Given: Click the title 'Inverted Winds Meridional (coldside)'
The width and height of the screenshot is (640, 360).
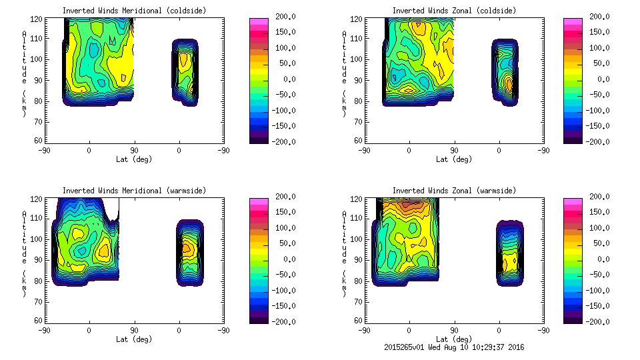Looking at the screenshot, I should tap(134, 11).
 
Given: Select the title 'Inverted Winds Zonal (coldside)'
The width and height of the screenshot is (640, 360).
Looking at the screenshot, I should tap(454, 11).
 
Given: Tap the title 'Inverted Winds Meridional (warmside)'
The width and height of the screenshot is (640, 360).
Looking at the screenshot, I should tap(134, 191).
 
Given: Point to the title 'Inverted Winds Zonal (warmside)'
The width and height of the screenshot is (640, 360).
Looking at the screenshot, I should tap(454, 191).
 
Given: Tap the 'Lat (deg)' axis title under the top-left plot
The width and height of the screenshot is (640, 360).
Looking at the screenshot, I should tap(134, 159).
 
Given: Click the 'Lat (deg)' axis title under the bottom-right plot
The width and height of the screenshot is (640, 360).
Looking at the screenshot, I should tap(454, 339).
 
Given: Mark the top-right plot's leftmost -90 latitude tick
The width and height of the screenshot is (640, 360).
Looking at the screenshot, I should tap(365, 150).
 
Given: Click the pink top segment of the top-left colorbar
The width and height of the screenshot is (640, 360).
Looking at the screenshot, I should tap(257, 21).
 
